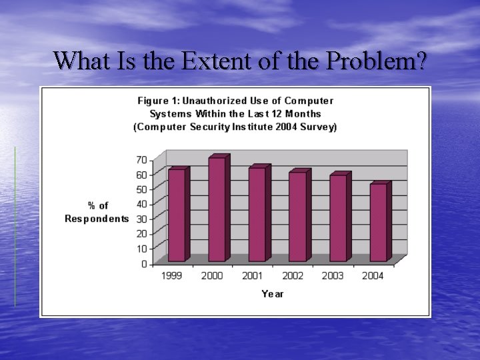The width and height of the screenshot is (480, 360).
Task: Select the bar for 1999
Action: click(177, 215)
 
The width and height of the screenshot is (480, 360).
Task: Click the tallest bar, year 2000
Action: click(217, 209)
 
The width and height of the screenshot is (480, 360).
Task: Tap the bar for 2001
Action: click(257, 213)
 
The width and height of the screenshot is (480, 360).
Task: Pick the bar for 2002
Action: click(298, 216)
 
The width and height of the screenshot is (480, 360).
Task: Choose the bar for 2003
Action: click(338, 217)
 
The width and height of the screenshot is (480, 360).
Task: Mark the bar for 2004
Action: click(379, 222)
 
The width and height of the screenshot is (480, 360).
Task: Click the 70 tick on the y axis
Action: click(141, 160)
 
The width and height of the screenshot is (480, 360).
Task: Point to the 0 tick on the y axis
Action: click(144, 264)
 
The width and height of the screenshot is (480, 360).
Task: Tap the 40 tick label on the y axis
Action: click(141, 204)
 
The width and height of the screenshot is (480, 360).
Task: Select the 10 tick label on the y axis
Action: click(141, 249)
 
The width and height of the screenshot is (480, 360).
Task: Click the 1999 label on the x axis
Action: click(172, 276)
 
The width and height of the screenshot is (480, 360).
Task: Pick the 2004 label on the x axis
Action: click(373, 276)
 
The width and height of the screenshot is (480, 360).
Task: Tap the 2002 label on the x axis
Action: click(292, 276)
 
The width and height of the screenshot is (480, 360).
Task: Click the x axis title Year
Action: click(272, 294)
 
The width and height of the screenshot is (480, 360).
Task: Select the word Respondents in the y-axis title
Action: click(97, 219)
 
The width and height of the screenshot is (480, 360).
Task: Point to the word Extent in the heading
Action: click(213, 61)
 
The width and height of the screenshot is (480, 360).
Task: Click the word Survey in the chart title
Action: click(319, 127)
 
